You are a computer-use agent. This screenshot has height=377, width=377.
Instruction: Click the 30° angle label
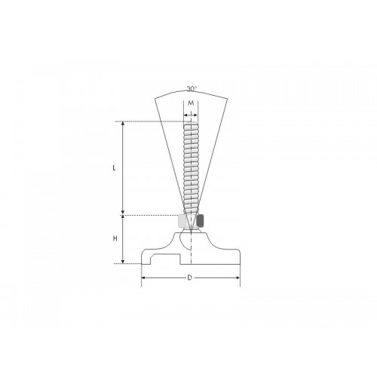coord(191,88)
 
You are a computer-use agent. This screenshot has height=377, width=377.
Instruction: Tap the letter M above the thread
coord(192,103)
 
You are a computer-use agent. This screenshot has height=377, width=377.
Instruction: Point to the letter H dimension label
coord(115,238)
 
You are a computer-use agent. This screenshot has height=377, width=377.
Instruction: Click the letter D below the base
coord(190,279)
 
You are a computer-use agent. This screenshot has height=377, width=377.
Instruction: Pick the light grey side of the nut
coord(181,222)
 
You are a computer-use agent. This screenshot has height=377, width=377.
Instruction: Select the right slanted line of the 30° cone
coord(214,151)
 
